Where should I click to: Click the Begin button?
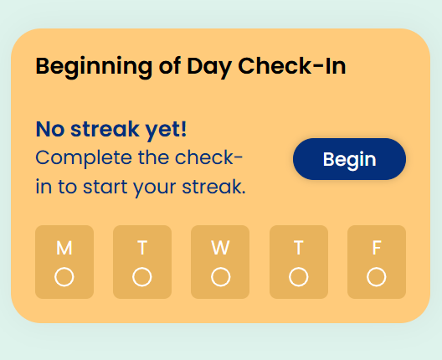[349, 159]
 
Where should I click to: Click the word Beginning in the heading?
[94, 67]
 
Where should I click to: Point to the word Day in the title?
[209, 67]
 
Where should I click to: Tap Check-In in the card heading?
[292, 66]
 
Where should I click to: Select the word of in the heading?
[170, 66]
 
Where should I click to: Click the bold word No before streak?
[50, 130]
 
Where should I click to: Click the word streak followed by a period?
[213, 187]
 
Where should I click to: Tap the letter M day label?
[64, 248]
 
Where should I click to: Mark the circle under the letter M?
[64, 277]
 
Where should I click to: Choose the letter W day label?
[220, 248]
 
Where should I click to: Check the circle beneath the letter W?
[220, 277]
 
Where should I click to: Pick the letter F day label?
[377, 248]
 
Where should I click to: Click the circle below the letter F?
[377, 277]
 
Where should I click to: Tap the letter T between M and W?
[142, 248]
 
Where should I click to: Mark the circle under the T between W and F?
[299, 277]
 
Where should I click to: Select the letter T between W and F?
[299, 248]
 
